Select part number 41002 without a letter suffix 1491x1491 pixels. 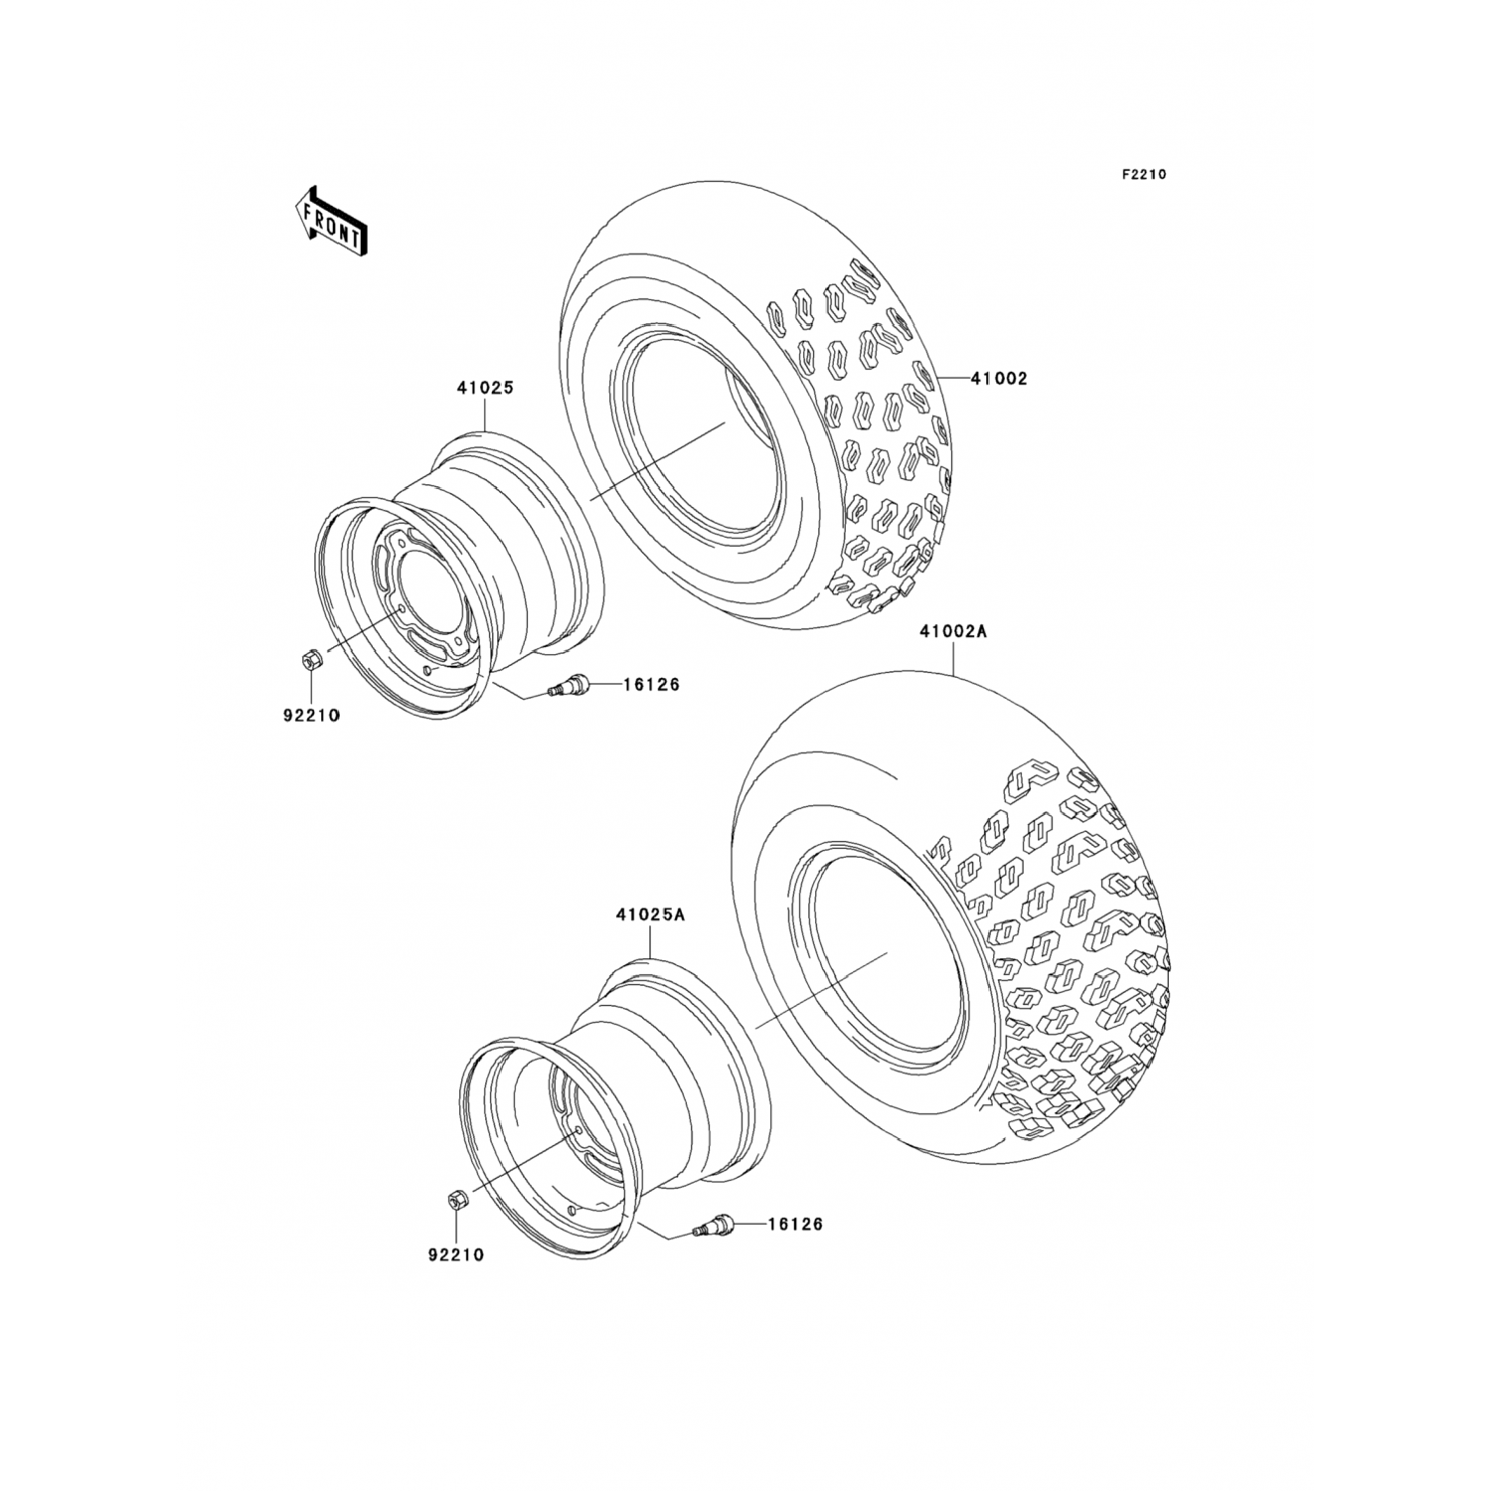1000,378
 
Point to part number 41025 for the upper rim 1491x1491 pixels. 484,388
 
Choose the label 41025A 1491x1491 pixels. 649,914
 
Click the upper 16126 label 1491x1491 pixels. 652,684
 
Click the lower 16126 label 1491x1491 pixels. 795,1224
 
